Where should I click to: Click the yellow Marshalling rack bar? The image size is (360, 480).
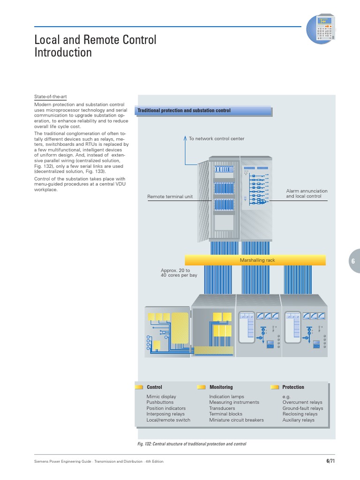coord(255,260)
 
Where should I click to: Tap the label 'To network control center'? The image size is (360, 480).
coord(216,139)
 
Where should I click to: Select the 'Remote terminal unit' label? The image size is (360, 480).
coord(170,197)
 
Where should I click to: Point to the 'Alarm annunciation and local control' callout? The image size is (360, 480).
coord(307,194)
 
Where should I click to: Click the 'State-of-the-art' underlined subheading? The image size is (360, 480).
coord(51,97)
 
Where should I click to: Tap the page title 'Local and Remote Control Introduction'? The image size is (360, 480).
coord(95,46)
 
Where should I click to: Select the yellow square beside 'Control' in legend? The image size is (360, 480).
coord(139,387)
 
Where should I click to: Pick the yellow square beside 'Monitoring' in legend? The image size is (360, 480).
coord(201,387)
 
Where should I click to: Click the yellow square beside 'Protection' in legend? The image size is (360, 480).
coord(275,387)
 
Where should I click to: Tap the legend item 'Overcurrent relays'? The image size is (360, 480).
coord(302,402)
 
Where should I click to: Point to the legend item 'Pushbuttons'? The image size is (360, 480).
coord(160,402)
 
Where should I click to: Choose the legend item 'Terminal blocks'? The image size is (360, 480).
coord(225,414)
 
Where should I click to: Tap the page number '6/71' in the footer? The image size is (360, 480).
coord(330,461)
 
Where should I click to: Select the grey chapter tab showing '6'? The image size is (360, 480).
coord(352,261)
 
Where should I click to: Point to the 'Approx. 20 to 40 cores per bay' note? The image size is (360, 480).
coord(179,273)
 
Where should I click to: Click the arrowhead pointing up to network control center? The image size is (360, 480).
coord(185,137)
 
